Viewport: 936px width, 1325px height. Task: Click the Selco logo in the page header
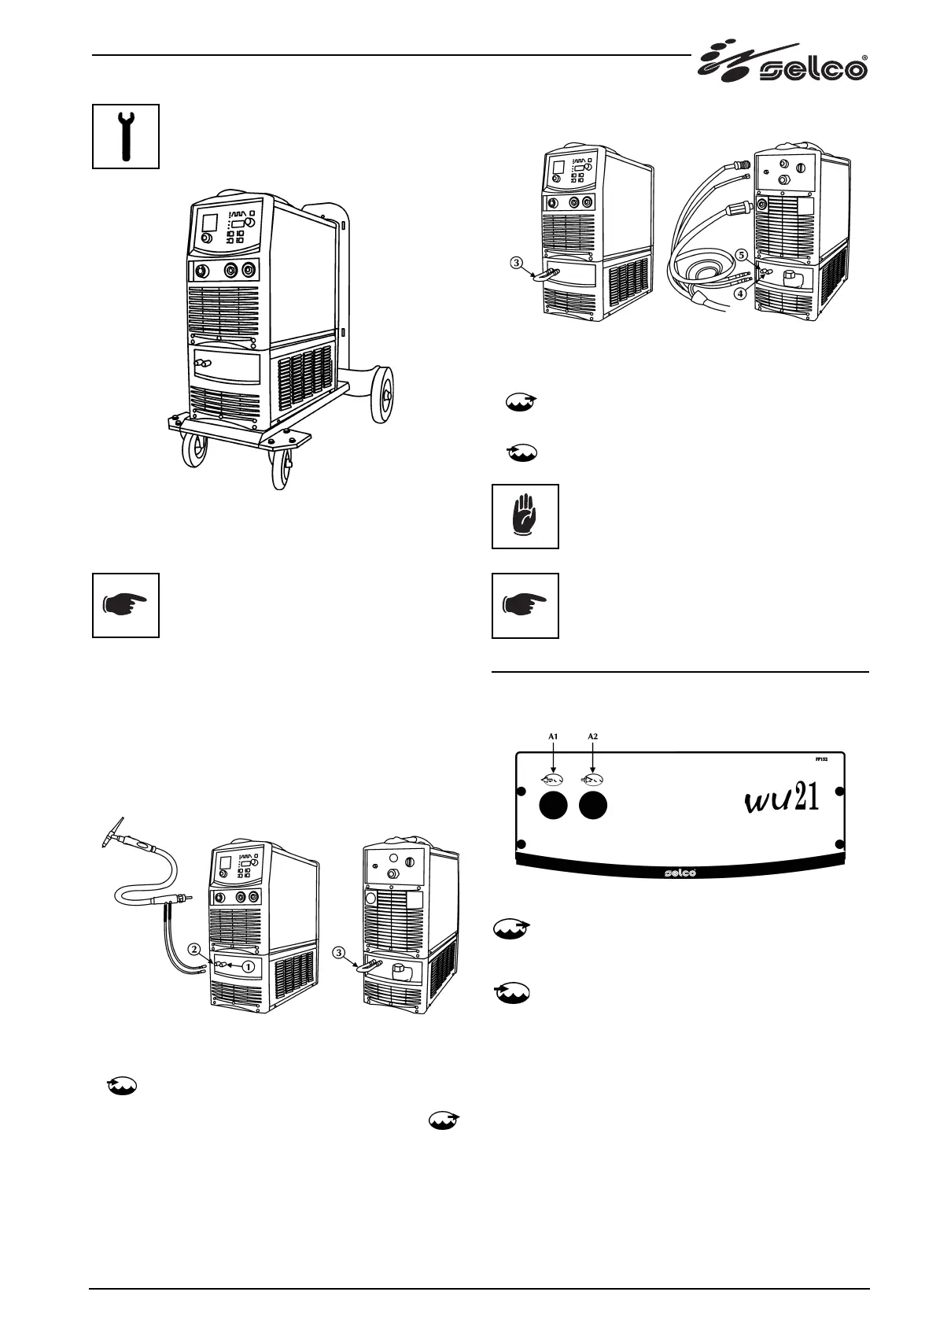pos(783,64)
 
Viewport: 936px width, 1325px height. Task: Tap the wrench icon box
pos(126,135)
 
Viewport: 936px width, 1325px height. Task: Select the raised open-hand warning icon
pos(525,516)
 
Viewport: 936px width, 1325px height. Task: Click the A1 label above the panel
pos(553,736)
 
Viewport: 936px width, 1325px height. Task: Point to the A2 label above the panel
pos(593,736)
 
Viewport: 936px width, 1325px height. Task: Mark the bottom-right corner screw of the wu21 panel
pos(840,845)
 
